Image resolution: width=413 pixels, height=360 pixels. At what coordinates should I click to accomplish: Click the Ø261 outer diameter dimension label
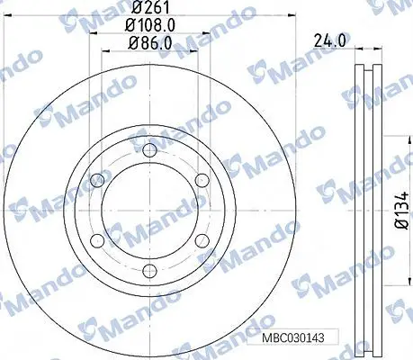(x=151, y=6)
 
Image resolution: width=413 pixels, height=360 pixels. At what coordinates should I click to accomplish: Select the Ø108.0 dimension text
(x=149, y=25)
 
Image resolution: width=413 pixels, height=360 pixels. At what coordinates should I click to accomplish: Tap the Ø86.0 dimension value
(x=150, y=44)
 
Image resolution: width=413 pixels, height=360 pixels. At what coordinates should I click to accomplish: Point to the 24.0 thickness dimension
(x=332, y=40)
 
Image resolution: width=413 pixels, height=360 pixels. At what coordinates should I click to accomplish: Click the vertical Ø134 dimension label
(x=402, y=211)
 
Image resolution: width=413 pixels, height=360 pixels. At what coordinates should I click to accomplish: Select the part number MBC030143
(x=293, y=338)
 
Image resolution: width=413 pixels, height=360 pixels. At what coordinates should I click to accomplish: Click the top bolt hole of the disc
(x=149, y=150)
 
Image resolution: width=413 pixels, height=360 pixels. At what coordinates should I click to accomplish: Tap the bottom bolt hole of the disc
(x=149, y=271)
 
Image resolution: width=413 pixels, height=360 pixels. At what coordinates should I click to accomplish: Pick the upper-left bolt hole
(x=97, y=180)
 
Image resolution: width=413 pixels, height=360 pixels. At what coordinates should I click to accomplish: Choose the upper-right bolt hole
(x=202, y=180)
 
